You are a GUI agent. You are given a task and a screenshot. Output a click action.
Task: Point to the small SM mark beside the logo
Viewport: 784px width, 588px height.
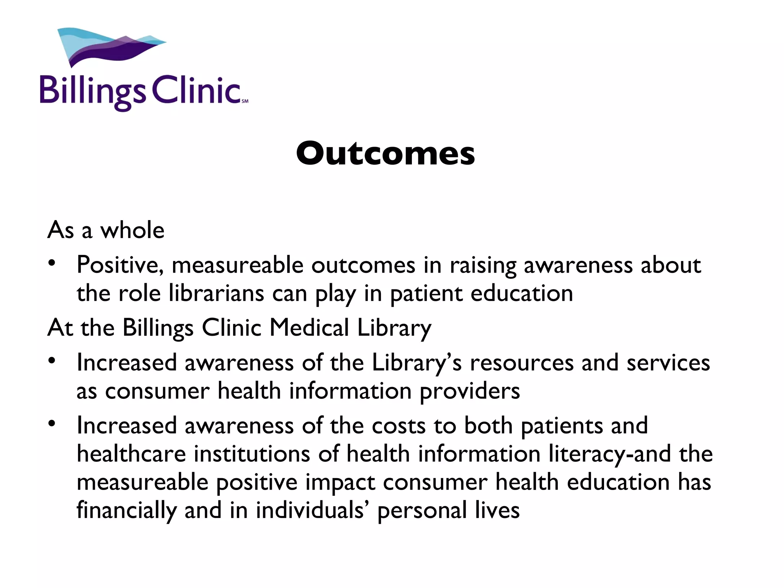245,101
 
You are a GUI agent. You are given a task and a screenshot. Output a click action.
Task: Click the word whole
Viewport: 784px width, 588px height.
132,230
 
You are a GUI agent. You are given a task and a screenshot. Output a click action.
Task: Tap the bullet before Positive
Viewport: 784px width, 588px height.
52,264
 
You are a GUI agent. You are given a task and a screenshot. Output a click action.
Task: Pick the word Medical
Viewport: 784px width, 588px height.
309,328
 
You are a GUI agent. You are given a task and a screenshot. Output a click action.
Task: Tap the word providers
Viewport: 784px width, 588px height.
470,391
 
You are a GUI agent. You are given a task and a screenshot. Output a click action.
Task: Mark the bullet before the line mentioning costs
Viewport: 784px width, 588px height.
52,424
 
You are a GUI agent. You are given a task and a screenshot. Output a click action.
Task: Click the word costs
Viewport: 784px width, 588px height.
399,426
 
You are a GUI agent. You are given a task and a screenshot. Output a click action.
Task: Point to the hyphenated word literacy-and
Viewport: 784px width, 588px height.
609,454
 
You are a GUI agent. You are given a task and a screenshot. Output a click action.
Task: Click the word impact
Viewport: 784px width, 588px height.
340,482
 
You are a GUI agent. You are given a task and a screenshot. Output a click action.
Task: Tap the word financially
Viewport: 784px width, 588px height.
126,511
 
